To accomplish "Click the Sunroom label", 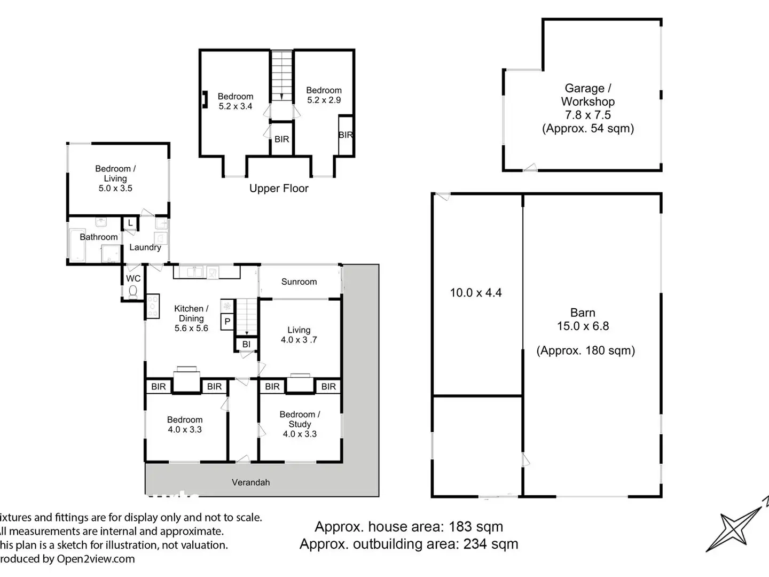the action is pyautogui.click(x=299, y=282).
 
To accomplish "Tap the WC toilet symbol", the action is pyautogui.click(x=133, y=291).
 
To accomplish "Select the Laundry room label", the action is pyautogui.click(x=145, y=247).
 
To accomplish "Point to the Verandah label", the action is pyautogui.click(x=250, y=482).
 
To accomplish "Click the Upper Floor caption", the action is pyautogui.click(x=279, y=188).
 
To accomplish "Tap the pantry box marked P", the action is pyautogui.click(x=227, y=322).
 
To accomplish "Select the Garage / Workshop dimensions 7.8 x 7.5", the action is pyautogui.click(x=587, y=115).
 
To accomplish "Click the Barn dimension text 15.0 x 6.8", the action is pyautogui.click(x=583, y=326).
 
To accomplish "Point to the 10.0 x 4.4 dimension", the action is pyautogui.click(x=476, y=293).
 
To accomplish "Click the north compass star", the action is pyautogui.click(x=735, y=529).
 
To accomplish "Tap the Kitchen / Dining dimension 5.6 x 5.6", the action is pyautogui.click(x=191, y=328).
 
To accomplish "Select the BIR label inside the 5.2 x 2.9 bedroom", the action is pyautogui.click(x=346, y=135).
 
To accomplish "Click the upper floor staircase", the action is pyautogui.click(x=281, y=76).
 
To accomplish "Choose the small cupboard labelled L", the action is pyautogui.click(x=130, y=223).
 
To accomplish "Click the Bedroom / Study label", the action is pyautogui.click(x=300, y=419).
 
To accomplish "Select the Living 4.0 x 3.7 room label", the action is pyautogui.click(x=299, y=334).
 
